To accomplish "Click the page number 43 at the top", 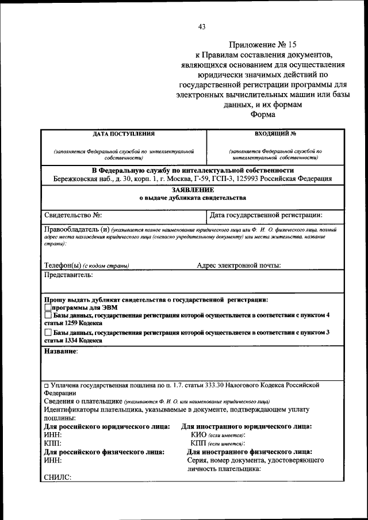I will (x=201, y=26).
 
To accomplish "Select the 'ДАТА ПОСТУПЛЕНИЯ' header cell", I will (x=124, y=134).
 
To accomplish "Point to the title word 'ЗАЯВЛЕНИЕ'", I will (x=193, y=189).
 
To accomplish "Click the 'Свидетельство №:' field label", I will (x=73, y=215).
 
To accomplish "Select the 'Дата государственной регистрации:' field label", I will (x=266, y=215).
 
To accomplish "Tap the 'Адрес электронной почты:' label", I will (x=239, y=265).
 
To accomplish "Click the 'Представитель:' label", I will (x=68, y=275).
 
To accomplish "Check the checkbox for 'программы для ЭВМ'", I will (x=48, y=307).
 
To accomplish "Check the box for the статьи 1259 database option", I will (x=48, y=315).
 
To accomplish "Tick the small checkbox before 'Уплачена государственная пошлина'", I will (x=47, y=385).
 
